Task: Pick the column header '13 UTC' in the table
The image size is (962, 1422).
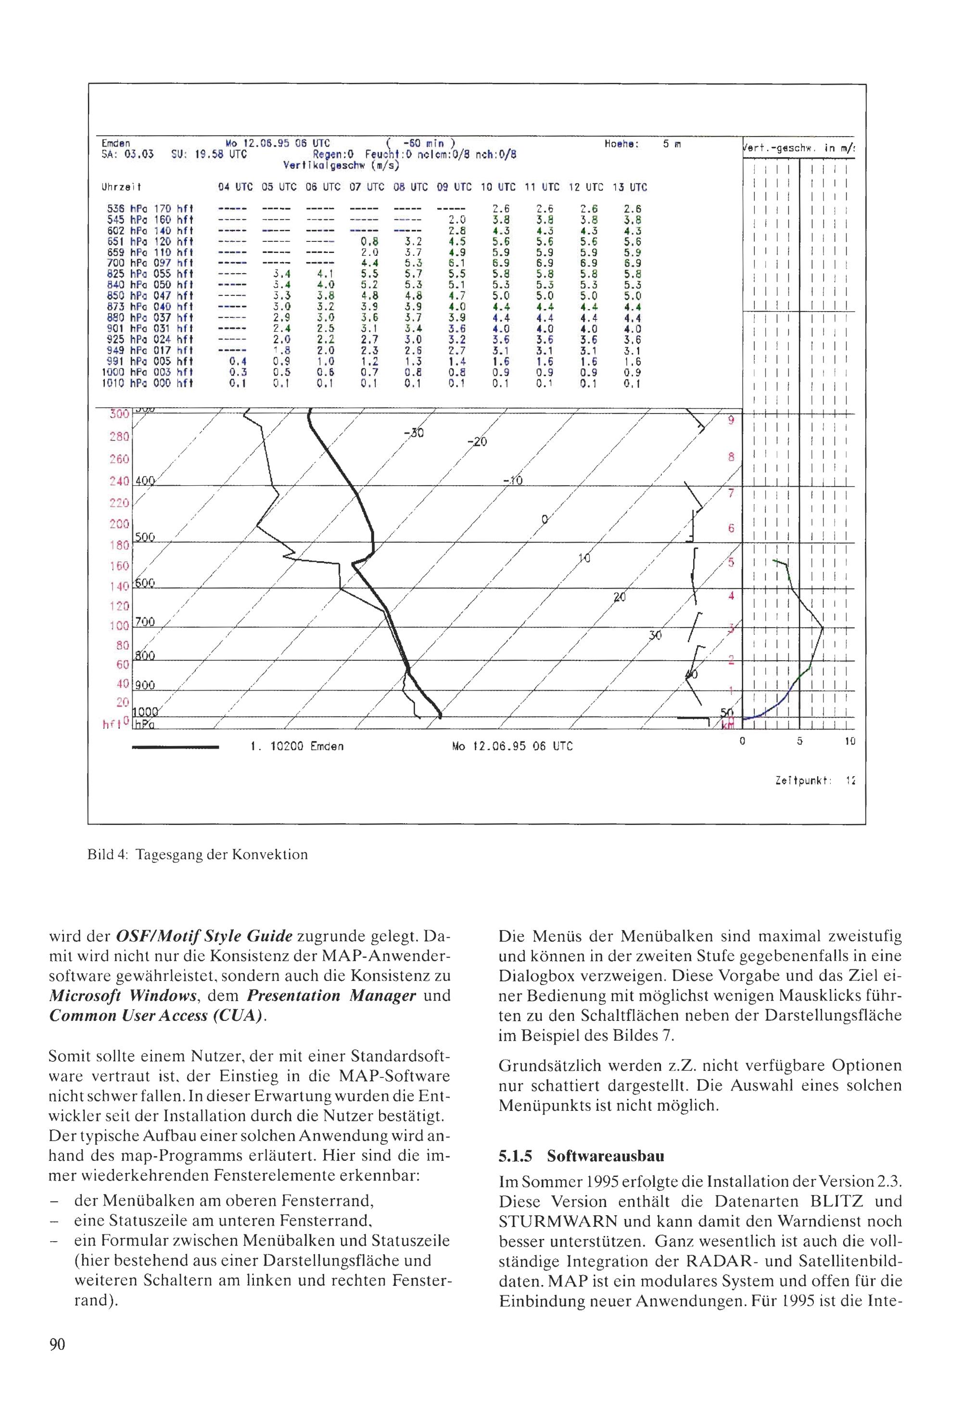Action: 630,187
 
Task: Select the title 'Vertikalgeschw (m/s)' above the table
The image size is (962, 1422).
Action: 341,166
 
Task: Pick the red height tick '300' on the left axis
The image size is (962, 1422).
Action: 120,414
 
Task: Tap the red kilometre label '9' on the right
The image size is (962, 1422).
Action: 730,421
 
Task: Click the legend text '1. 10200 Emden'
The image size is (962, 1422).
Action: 297,746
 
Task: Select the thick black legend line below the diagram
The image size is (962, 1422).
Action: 176,746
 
